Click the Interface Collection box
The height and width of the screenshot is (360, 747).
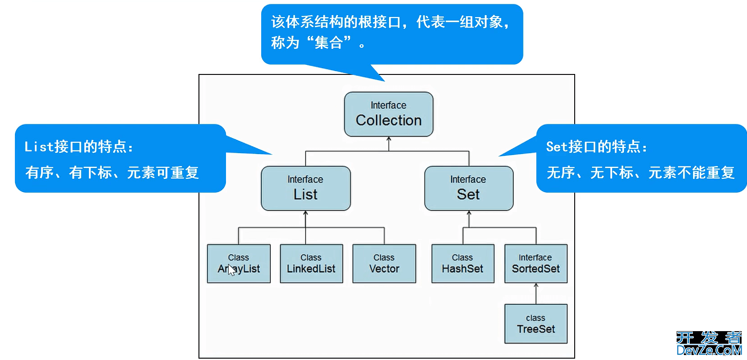click(388, 114)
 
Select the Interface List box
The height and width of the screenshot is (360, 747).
click(305, 188)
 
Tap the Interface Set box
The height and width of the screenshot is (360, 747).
click(469, 188)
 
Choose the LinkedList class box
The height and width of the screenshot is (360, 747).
click(311, 264)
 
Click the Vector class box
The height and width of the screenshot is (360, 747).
click(384, 264)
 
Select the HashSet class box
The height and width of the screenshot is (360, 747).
click(462, 264)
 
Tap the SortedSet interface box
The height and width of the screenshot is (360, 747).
click(535, 264)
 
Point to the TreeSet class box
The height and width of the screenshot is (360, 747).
click(535, 324)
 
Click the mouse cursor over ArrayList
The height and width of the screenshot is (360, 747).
click(231, 270)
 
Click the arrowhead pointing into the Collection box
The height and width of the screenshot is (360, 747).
click(389, 139)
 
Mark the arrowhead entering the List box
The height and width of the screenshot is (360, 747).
click(306, 213)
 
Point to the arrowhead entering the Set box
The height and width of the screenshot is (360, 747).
click(469, 213)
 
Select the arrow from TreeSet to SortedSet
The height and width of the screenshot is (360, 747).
click(536, 293)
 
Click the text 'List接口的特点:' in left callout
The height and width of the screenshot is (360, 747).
click(79, 147)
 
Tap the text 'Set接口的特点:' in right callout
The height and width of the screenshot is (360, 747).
click(596, 147)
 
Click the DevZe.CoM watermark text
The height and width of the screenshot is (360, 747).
click(709, 350)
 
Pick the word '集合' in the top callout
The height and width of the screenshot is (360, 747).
click(328, 43)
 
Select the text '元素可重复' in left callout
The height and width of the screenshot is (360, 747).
click(163, 172)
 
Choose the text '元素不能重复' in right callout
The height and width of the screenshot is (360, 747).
click(691, 172)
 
